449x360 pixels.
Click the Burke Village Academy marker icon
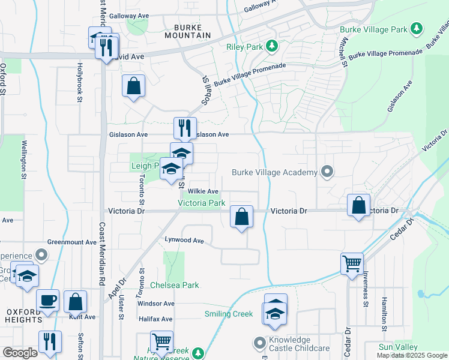327,172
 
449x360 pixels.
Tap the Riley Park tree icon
272,46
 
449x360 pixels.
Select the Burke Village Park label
373,29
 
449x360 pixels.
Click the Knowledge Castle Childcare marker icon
260,343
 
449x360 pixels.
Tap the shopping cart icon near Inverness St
352,263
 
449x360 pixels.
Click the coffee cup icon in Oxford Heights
47,301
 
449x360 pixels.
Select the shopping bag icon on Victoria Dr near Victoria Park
241,217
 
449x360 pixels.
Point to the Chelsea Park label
174,285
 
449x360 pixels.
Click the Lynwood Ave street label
185,240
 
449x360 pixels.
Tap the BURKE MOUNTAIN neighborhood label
192,31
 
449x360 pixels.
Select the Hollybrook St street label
79,83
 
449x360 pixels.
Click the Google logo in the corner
20,353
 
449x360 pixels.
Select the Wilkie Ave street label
203,191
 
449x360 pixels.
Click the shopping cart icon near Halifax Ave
161,342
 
